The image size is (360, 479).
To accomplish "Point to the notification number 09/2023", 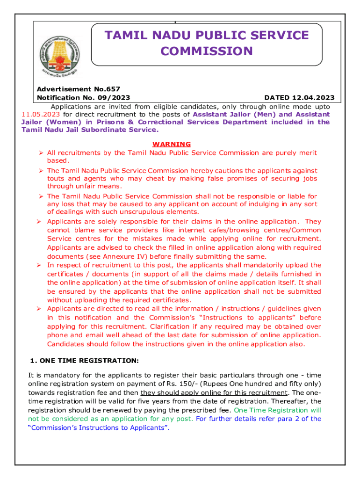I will pos(114,98).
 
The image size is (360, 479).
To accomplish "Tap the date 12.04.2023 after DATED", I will pos(312,98).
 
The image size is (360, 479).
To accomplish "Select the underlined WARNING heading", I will pos(172,144).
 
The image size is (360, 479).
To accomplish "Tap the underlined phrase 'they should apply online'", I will pos(176,392).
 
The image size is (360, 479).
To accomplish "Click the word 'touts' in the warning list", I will pos(56,178).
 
